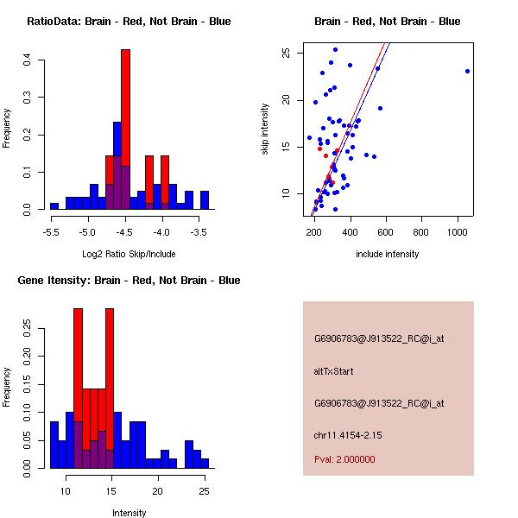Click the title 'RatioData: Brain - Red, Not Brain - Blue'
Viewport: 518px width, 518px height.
click(x=129, y=22)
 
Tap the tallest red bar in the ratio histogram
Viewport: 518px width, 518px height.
click(x=125, y=129)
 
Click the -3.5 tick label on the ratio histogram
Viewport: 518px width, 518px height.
click(x=199, y=232)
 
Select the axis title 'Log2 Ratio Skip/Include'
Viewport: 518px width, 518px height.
click(x=129, y=254)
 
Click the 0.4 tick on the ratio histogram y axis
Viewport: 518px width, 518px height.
click(x=28, y=60)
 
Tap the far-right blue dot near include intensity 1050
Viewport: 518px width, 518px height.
click(x=467, y=71)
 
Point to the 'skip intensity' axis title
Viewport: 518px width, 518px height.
click(x=267, y=128)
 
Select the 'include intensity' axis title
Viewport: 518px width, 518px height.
click(x=388, y=254)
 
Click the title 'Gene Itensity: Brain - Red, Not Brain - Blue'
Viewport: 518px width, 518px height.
click(x=129, y=281)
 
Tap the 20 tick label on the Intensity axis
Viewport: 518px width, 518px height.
click(x=157, y=491)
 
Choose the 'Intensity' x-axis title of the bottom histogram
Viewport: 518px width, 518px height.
click(x=129, y=513)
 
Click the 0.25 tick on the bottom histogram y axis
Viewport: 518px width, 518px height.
click(x=28, y=329)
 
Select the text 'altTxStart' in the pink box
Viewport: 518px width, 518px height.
click(x=333, y=371)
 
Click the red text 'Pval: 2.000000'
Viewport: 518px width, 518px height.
click(x=344, y=459)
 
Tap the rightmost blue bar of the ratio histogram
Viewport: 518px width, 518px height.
click(x=205, y=200)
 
